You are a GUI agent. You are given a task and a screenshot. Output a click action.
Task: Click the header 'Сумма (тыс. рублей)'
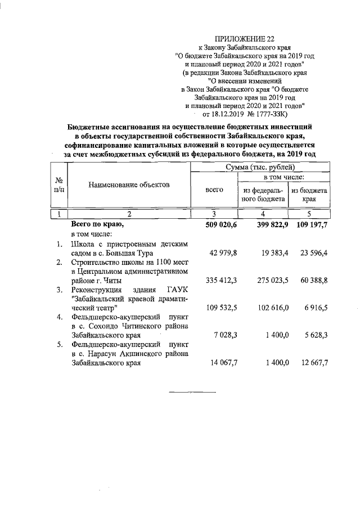tap(260, 167)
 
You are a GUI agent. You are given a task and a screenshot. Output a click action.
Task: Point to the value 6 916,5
tap(316, 309)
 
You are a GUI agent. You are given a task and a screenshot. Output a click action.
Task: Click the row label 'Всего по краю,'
tap(96, 225)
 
